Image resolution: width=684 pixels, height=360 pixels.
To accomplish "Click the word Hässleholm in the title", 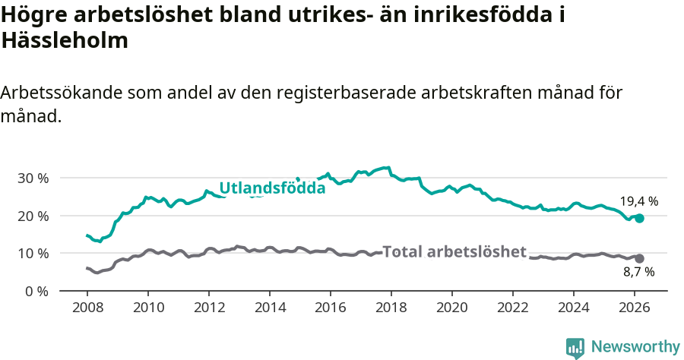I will coord(65,40).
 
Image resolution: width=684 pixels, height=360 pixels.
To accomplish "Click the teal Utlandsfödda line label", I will coord(272,188).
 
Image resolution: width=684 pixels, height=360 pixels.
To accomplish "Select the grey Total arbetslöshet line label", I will coord(454,251).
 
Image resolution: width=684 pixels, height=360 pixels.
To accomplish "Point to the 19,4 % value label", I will coord(638,201).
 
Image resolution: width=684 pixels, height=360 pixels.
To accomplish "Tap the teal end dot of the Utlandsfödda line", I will coord(639,218).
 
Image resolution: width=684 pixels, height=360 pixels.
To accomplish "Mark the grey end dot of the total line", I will coord(639,258).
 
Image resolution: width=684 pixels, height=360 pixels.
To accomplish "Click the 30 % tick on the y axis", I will coord(33,178).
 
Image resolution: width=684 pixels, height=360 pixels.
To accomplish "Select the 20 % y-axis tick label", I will coord(33,216).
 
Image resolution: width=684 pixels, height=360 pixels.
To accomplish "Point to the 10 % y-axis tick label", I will coord(33,253).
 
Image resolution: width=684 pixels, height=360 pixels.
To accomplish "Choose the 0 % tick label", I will coord(36,291).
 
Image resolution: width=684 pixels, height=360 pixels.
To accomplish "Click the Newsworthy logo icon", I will coord(575,347).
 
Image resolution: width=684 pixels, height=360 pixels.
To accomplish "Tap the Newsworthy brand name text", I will coord(635,347).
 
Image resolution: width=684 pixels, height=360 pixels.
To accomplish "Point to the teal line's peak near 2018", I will coord(388,167).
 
